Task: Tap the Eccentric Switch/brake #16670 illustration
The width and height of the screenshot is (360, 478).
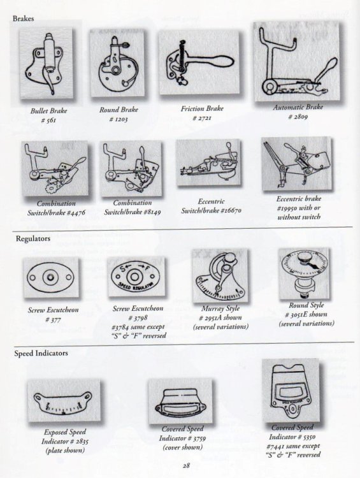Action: point(208,164)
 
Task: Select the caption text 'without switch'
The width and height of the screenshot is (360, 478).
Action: point(298,217)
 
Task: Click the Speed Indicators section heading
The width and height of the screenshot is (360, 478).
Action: point(40,352)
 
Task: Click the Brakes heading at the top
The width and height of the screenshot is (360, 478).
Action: point(24,18)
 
